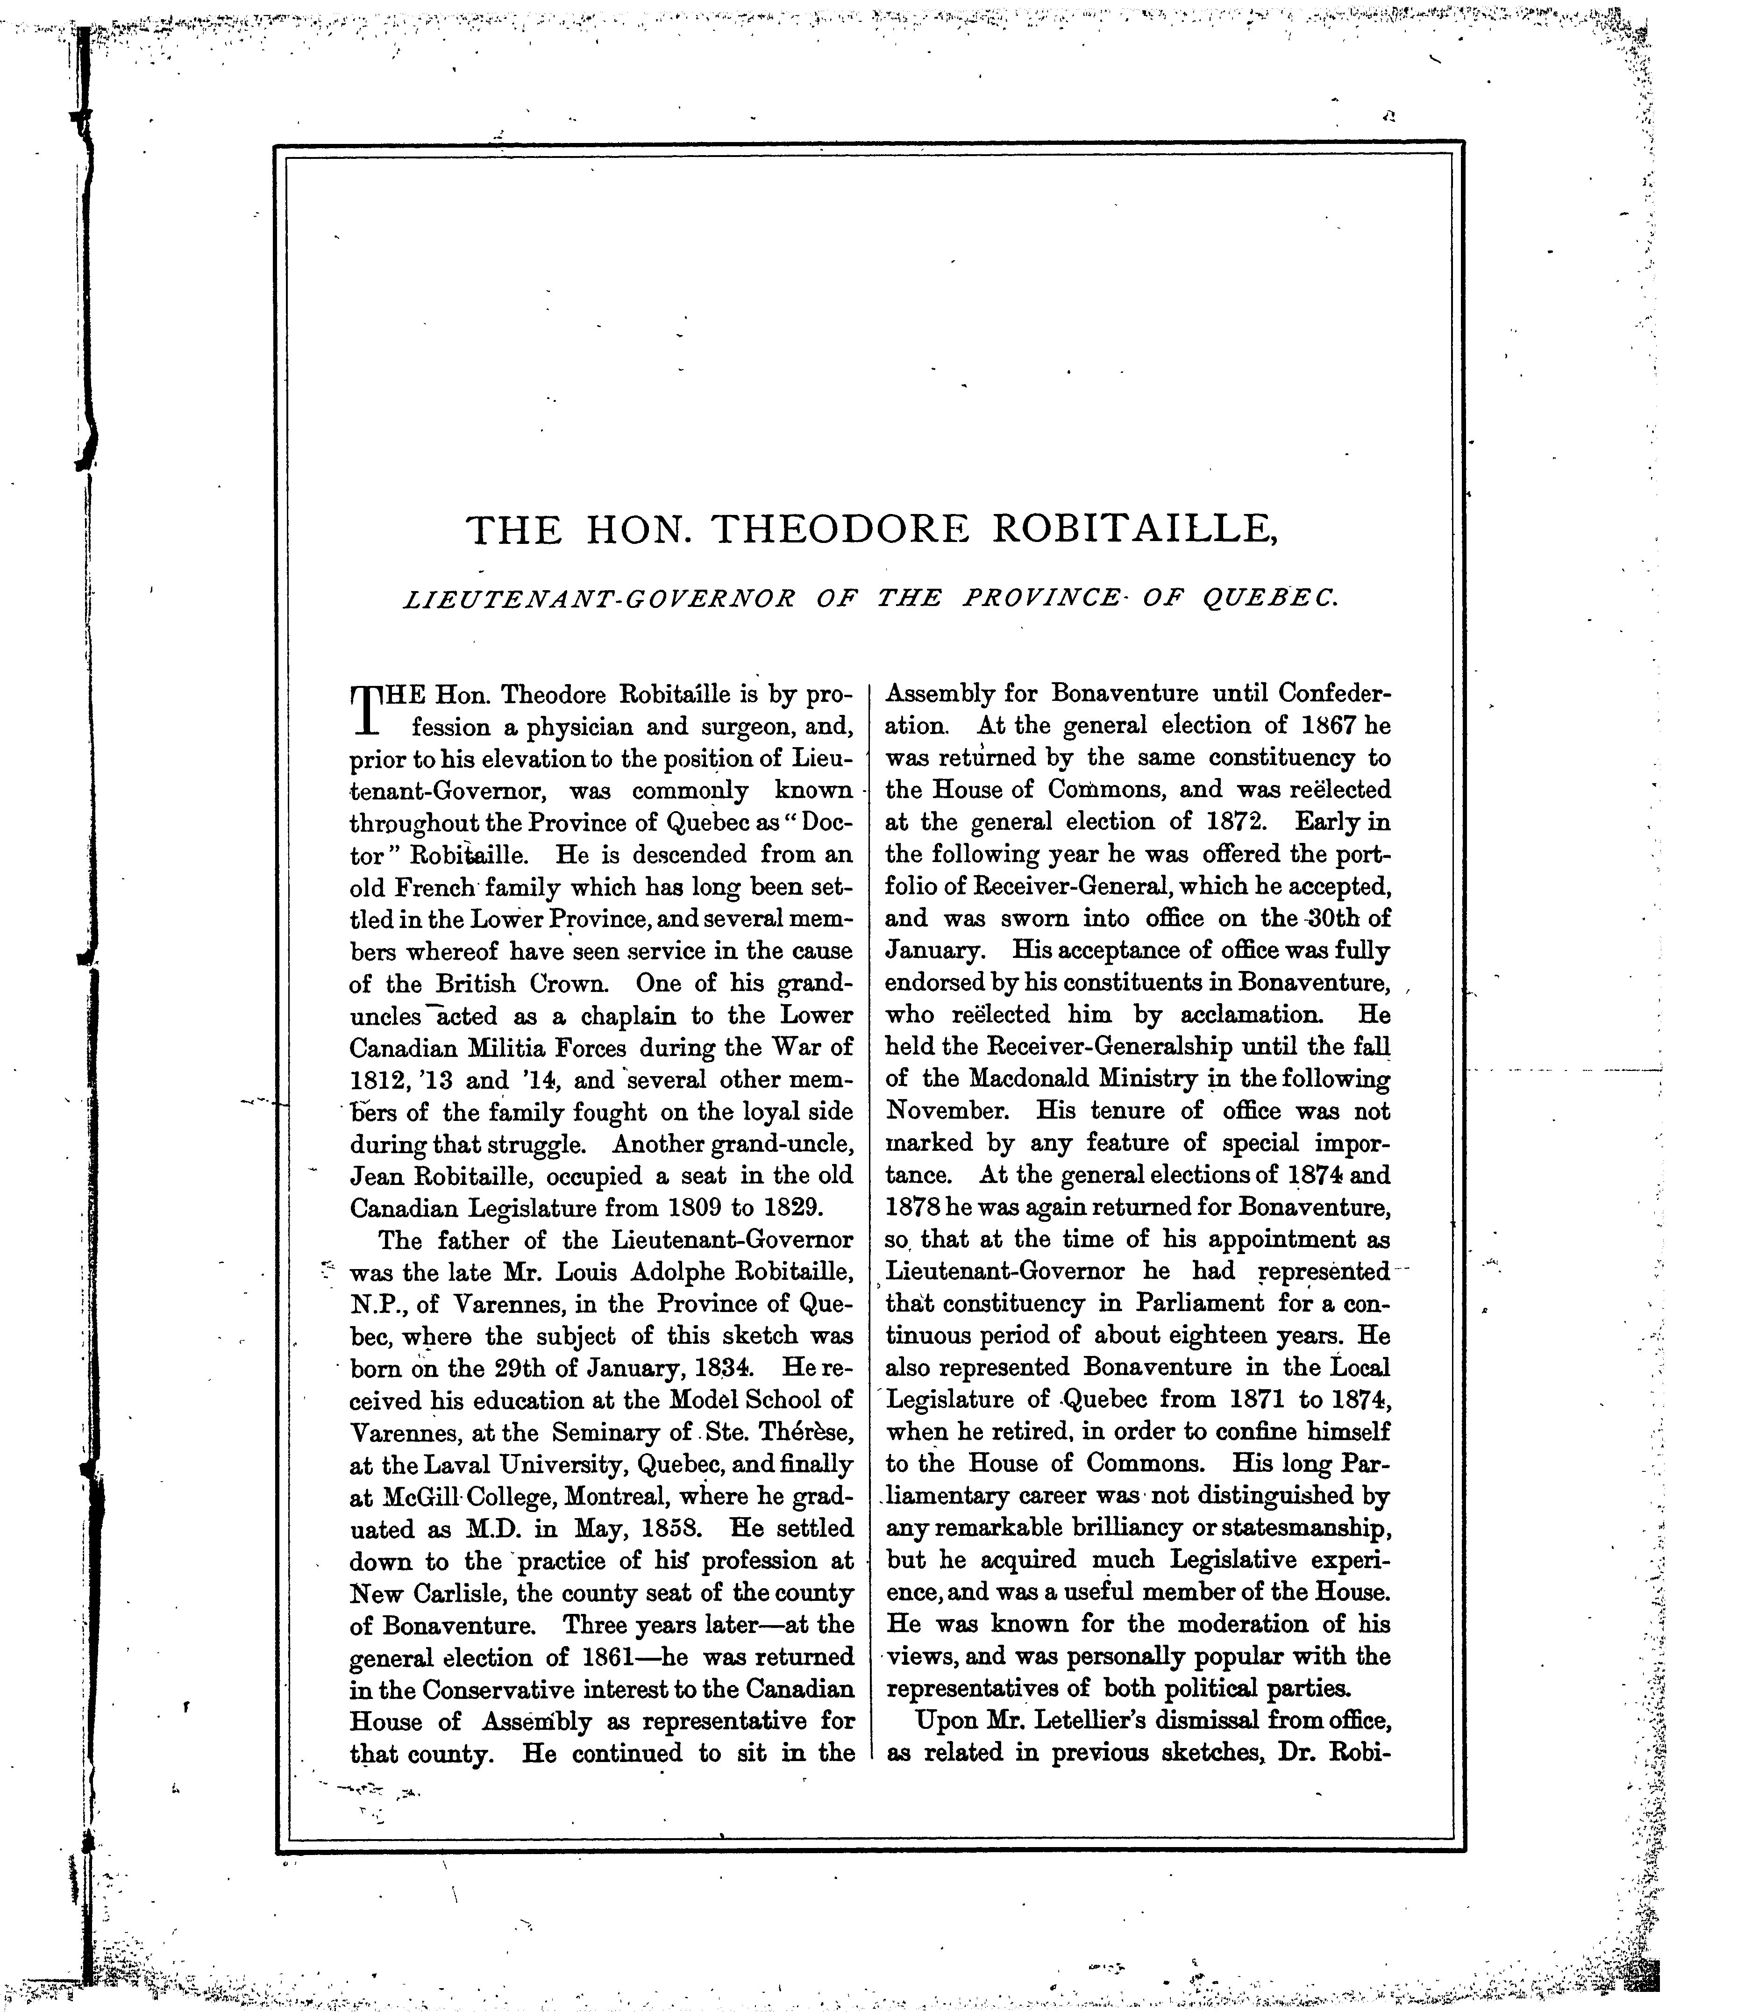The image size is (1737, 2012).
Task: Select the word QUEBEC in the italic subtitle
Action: click(x=1270, y=599)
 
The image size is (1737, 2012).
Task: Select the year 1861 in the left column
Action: click(x=613, y=1656)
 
